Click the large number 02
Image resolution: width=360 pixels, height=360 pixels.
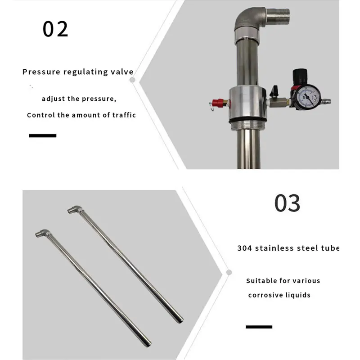tap(55, 29)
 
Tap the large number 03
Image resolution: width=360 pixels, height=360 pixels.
tap(287, 203)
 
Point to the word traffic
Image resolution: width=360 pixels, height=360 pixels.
tap(122, 115)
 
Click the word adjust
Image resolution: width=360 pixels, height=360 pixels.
tap(54, 99)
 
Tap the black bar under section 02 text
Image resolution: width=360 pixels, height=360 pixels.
tap(43, 135)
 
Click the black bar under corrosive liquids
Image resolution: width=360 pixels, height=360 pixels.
tap(259, 326)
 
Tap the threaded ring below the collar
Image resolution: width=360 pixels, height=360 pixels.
tap(249, 121)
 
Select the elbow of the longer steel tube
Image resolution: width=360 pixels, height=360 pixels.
tap(74, 210)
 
